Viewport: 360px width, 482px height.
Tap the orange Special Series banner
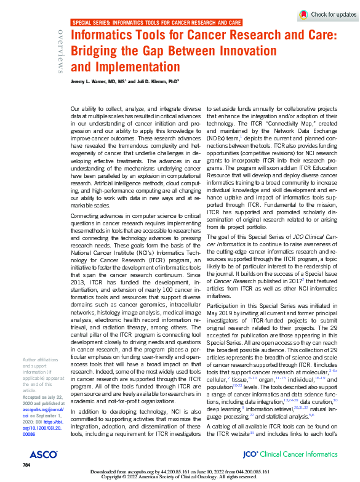(x=156, y=22)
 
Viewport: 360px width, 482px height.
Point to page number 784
(x=26, y=464)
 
